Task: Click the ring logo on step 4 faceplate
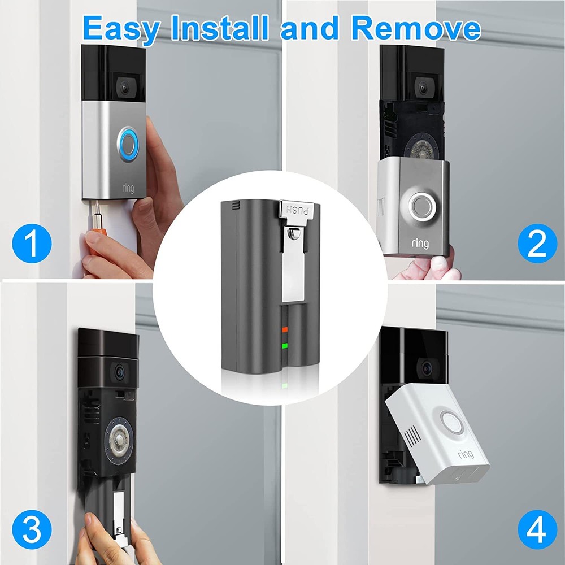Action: coord(466,454)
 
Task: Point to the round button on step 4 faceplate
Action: coord(452,422)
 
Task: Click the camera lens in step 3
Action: coord(120,371)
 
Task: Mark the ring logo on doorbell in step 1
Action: coord(128,188)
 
